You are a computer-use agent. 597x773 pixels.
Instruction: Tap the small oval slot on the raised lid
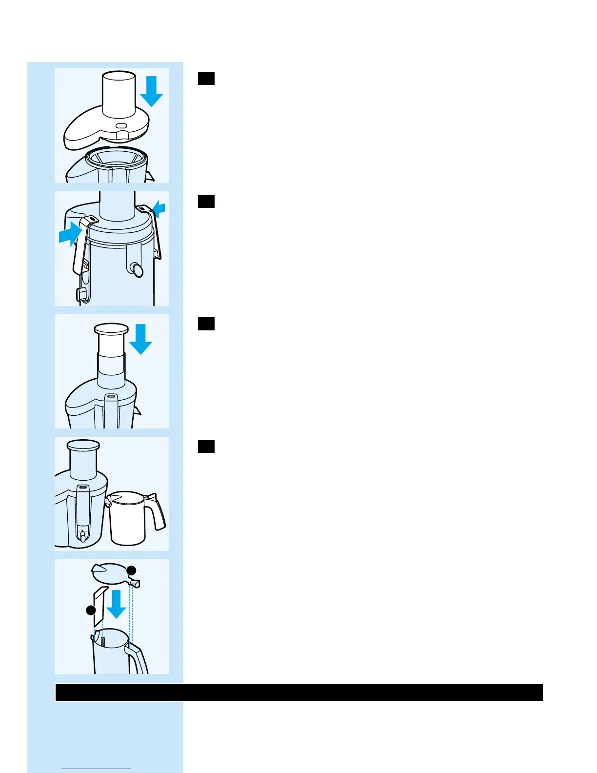click(x=122, y=125)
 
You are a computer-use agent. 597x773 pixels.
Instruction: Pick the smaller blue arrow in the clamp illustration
click(x=159, y=210)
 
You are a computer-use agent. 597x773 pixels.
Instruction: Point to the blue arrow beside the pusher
click(x=141, y=340)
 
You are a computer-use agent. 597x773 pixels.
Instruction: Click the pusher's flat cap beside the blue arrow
click(x=111, y=329)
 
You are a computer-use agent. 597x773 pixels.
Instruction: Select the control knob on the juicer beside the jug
click(x=83, y=536)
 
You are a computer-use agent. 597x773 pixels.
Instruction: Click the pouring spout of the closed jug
click(x=109, y=499)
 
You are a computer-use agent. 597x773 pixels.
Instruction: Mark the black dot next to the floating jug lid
click(x=131, y=570)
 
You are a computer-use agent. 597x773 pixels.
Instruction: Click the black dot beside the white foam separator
click(x=91, y=610)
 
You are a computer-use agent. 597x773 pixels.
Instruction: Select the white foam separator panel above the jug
click(x=99, y=606)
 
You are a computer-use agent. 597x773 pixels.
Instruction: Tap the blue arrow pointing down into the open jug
click(x=117, y=604)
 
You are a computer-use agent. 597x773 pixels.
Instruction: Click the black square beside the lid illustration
click(x=206, y=79)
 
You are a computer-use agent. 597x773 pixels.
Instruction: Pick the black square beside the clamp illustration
click(x=206, y=201)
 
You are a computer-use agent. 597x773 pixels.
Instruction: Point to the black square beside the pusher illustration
click(x=206, y=324)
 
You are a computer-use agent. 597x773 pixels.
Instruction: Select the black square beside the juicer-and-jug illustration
click(x=206, y=447)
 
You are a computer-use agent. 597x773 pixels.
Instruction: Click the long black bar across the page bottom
click(x=298, y=692)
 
